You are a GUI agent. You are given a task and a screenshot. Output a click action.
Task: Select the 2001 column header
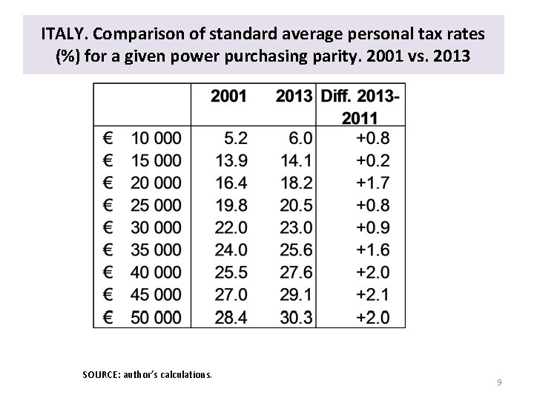(229, 97)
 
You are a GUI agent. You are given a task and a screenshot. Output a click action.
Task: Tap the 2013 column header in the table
(293, 97)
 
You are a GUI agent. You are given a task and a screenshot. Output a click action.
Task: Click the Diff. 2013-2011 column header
(361, 106)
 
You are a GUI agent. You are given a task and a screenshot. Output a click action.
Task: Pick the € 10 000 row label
(142, 138)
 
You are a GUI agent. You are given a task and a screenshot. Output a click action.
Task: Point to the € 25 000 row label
(142, 205)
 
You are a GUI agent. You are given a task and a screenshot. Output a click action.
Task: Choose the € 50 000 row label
(142, 317)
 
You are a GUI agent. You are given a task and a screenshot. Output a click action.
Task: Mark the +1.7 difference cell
(374, 183)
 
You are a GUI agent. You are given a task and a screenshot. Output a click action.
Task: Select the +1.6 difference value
(374, 250)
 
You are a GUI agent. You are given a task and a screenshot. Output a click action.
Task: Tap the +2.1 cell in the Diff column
(374, 295)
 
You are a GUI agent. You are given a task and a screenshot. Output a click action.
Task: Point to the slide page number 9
(499, 382)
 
